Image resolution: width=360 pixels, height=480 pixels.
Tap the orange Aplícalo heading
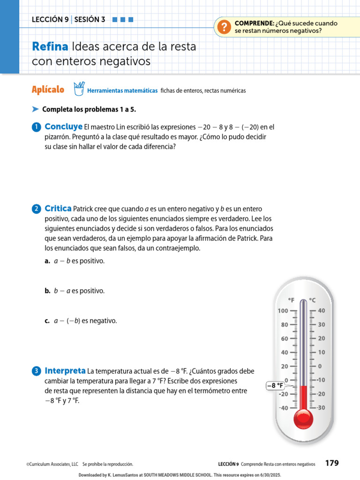click(48, 90)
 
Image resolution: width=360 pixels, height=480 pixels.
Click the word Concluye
click(63, 127)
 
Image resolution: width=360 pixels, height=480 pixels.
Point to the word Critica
click(58, 209)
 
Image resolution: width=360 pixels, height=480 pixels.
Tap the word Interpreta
click(65, 371)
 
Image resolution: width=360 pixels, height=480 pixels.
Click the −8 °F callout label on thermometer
click(276, 386)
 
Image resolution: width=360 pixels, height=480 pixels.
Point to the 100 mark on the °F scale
click(283, 310)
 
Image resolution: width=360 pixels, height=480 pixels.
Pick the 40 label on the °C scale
click(322, 310)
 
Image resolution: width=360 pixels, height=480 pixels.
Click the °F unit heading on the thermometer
click(291, 300)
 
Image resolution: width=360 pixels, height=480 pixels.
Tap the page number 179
click(331, 463)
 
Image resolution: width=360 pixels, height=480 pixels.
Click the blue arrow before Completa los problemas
click(35, 109)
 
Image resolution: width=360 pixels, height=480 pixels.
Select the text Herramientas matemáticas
click(122, 90)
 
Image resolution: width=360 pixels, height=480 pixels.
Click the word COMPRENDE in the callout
click(254, 23)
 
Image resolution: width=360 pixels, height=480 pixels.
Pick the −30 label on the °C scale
click(321, 408)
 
